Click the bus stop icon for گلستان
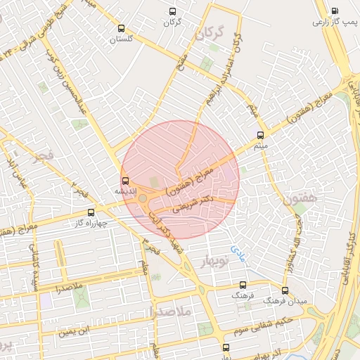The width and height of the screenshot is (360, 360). [122, 29]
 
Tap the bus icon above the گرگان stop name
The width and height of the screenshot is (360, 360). [173, 11]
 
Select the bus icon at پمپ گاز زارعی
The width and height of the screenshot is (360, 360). [333, 11]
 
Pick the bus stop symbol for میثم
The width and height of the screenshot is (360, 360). [261, 134]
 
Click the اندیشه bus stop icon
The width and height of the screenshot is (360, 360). [126, 180]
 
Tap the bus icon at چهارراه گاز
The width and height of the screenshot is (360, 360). [90, 212]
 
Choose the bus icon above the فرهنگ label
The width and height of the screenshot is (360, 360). [243, 285]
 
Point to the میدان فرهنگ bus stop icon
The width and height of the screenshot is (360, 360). [285, 290]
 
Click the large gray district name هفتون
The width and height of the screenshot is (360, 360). [302, 200]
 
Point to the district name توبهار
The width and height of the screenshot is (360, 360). [216, 262]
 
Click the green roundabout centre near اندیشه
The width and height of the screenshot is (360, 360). [143, 199]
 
